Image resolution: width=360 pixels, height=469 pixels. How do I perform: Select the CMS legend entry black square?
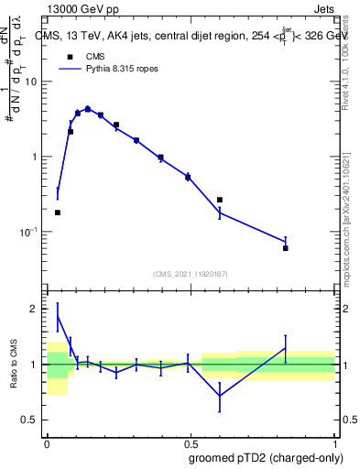coord(69,57)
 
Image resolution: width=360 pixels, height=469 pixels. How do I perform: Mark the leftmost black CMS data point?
coord(58,213)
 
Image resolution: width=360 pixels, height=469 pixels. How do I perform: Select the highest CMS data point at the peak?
coord(88,109)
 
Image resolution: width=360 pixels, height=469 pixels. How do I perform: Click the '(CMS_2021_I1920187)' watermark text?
coord(190,273)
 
